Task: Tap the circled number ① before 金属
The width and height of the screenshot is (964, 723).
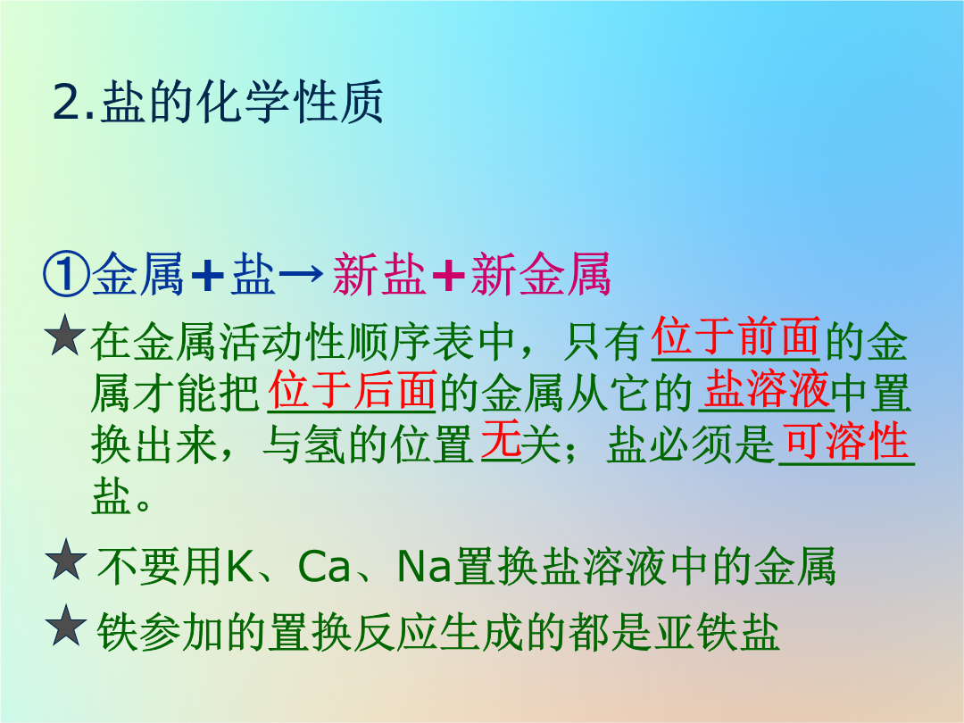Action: coord(66,275)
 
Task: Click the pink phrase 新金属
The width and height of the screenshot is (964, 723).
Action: coord(540,274)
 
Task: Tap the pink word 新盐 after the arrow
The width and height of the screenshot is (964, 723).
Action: coord(379,274)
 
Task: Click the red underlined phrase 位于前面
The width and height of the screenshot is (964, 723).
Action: coord(735,337)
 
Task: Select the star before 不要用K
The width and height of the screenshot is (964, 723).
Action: coord(66,560)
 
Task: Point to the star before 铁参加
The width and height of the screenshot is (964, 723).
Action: coord(66,625)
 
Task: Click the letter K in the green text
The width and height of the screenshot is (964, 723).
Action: coord(240,566)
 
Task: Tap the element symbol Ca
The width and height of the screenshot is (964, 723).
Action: coord(324,567)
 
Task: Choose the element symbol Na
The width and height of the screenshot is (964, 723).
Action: coord(425,566)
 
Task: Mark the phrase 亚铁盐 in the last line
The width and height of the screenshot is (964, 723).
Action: coord(717,631)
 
